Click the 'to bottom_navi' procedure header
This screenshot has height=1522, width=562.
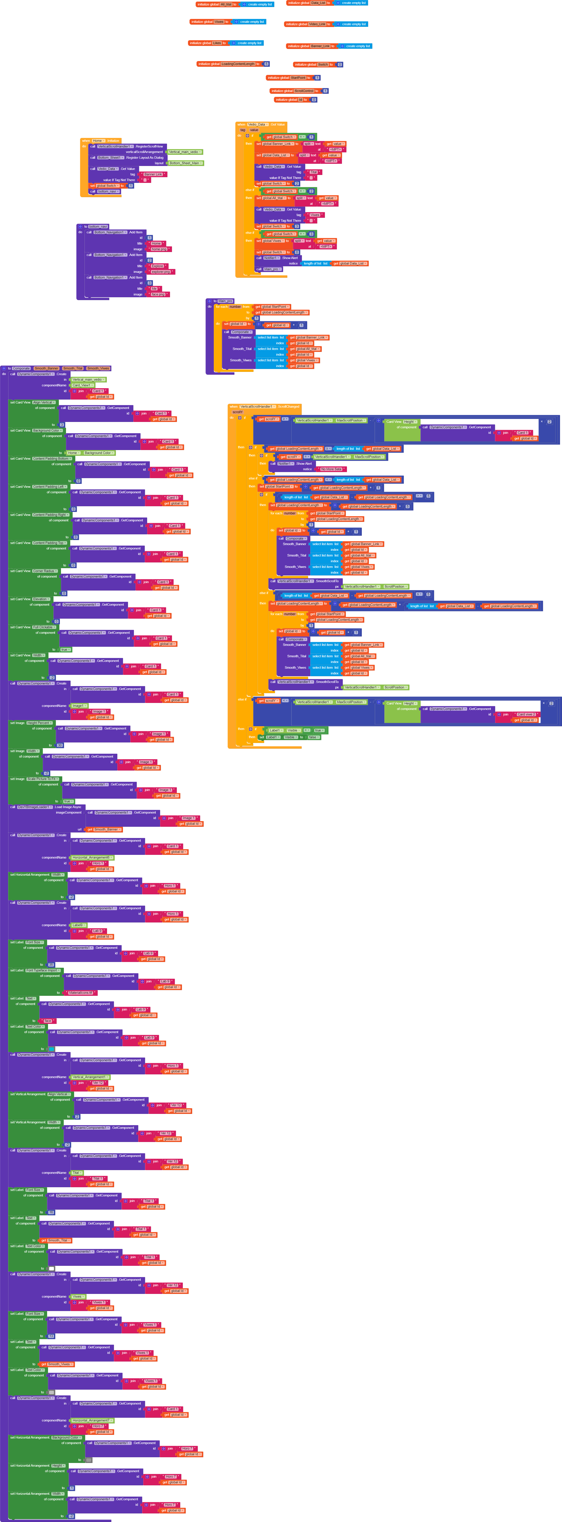(x=86, y=226)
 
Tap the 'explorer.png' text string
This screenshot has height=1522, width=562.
(x=161, y=272)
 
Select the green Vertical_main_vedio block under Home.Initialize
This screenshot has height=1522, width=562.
(x=184, y=152)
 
